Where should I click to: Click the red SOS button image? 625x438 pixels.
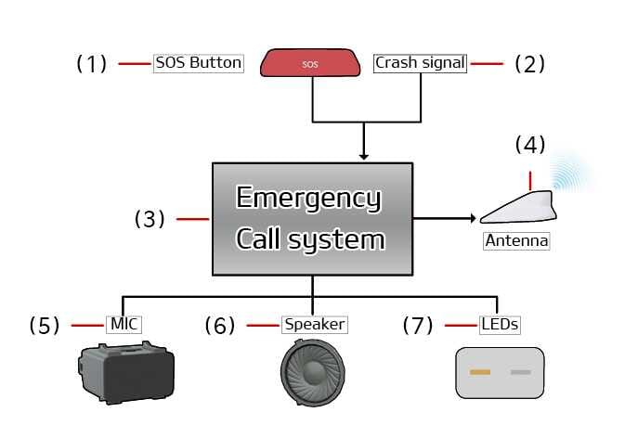(311, 63)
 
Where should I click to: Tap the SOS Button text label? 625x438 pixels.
(199, 63)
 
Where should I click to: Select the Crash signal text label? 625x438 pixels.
(421, 63)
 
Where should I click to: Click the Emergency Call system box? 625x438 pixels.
(312, 219)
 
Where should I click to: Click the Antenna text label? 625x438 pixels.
(516, 241)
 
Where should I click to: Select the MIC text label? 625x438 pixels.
(125, 325)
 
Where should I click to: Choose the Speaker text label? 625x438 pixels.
(314, 325)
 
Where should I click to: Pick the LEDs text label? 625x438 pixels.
(499, 325)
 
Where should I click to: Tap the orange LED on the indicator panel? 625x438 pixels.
(480, 372)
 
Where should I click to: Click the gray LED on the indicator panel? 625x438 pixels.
(521, 372)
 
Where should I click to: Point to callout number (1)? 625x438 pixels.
(91, 63)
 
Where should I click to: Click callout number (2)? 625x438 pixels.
(529, 63)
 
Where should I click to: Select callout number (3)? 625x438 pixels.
(150, 219)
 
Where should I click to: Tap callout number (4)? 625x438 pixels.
(530, 144)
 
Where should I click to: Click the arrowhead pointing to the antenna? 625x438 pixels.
(473, 219)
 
